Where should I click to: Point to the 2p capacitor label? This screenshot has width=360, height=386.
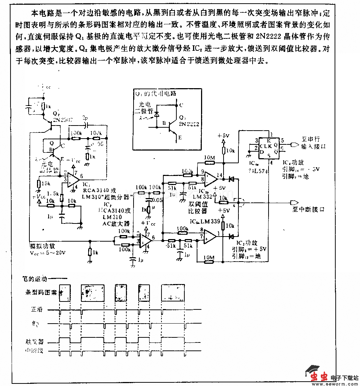coord(85,118)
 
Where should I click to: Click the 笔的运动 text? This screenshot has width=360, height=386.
coord(35,279)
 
